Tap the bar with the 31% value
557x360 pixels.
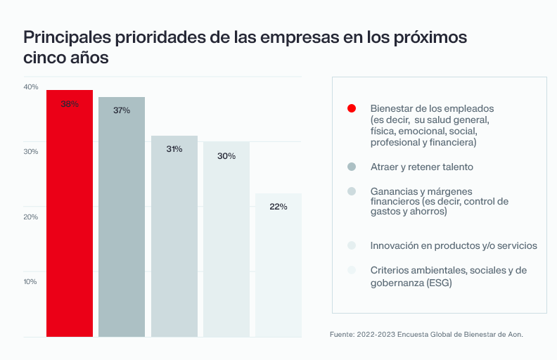(x=174, y=236)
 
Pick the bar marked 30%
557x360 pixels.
(x=226, y=239)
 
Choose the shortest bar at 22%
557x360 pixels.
(x=278, y=265)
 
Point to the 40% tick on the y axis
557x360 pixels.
(x=31, y=87)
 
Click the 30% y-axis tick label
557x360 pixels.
(x=31, y=152)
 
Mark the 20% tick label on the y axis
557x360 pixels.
(x=31, y=217)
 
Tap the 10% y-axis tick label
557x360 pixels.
(x=31, y=282)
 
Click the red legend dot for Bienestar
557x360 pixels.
(x=352, y=108)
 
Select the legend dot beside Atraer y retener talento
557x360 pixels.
(x=352, y=167)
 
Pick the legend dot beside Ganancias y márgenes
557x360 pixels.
(x=352, y=191)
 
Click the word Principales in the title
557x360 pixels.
(x=68, y=37)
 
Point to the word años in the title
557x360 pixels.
(x=91, y=58)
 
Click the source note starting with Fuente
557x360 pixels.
(x=426, y=334)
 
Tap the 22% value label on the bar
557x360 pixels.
(x=278, y=207)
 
